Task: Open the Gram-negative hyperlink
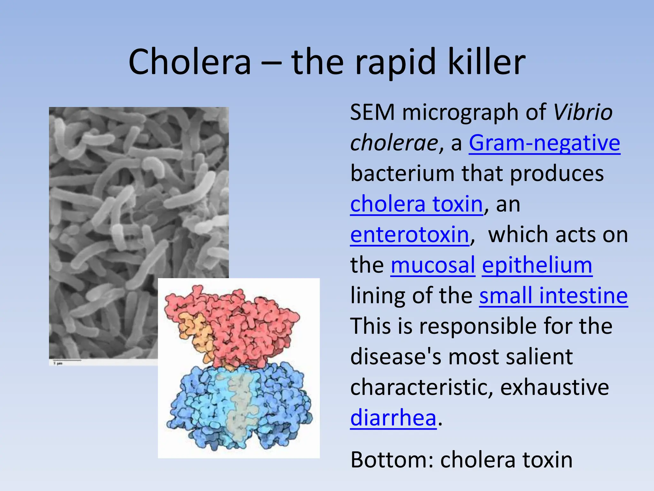coord(544,143)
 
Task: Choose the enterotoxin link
coord(409,235)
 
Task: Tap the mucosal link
coord(433,265)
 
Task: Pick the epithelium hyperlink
coord(537,266)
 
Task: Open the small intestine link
coord(553,296)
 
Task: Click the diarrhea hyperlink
coord(393,418)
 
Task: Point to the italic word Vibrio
coord(583,113)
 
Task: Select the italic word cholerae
coord(394,143)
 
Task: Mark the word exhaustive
coord(554,387)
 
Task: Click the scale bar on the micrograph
coord(67,360)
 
